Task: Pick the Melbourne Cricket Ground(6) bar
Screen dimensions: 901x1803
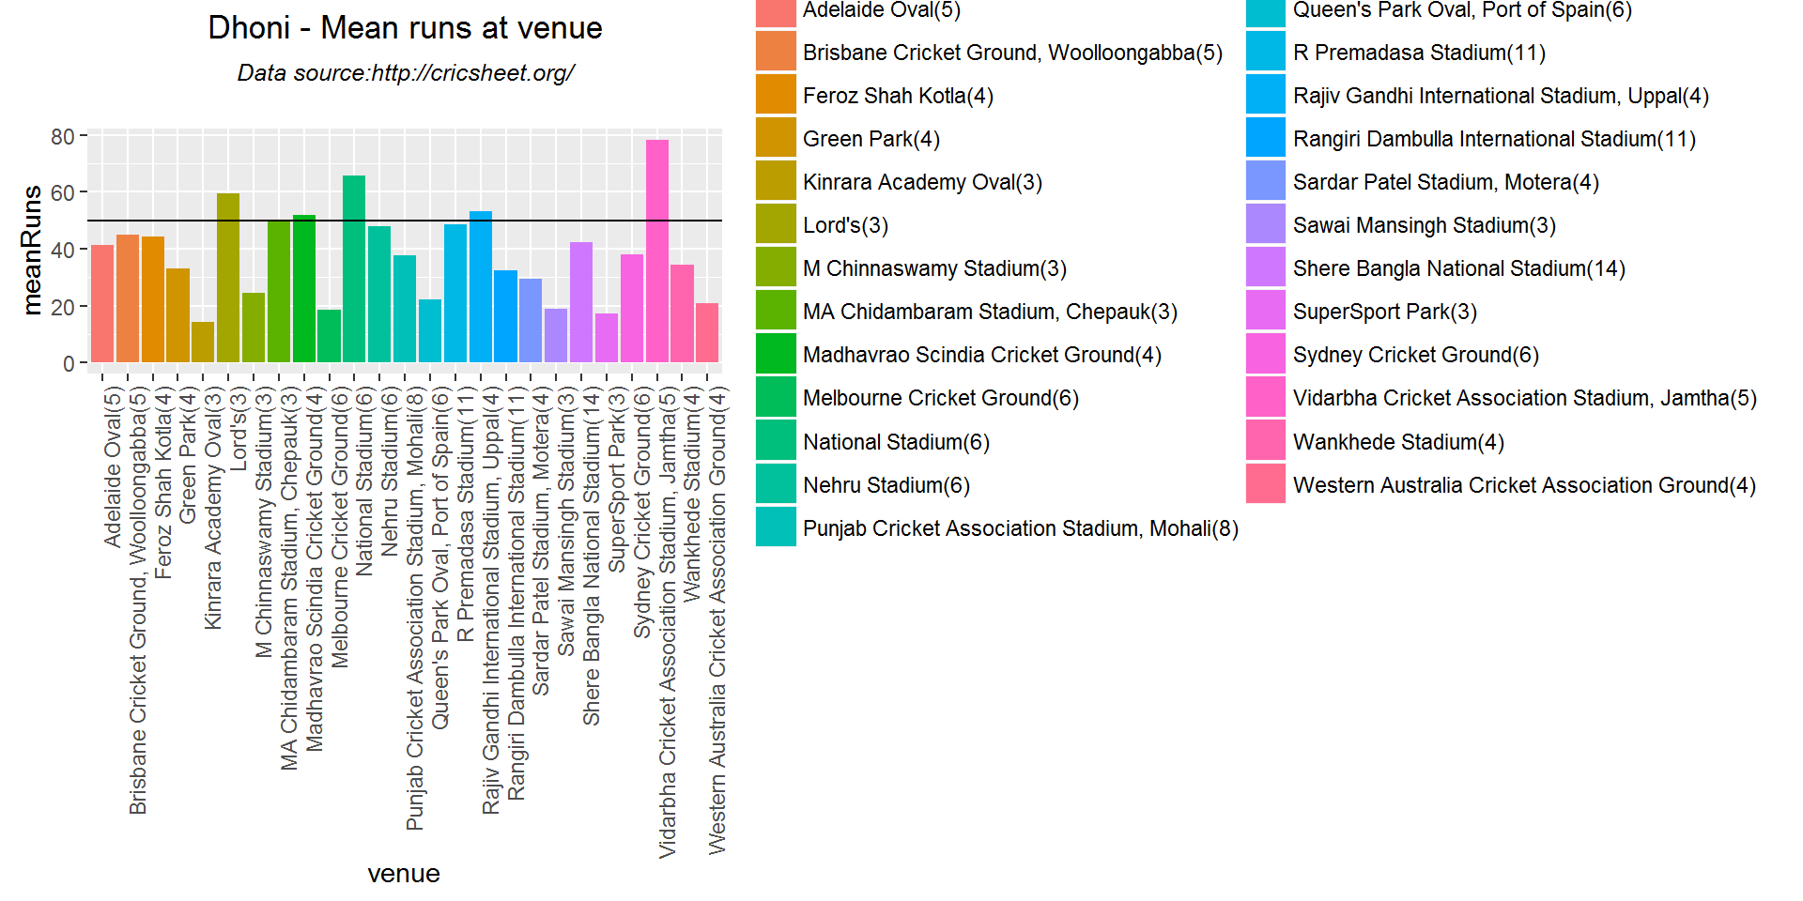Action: [329, 335]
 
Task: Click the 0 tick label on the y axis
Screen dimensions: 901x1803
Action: [69, 364]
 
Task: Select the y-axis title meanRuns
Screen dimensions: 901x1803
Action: [32, 250]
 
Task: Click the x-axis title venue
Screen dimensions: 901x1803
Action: [404, 874]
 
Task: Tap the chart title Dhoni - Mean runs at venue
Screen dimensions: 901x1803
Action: [405, 28]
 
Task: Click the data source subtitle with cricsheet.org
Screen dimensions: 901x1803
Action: [405, 73]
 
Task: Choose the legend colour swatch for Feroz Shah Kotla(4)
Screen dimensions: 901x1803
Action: [776, 96]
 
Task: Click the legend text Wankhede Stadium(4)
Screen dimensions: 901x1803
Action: [1398, 442]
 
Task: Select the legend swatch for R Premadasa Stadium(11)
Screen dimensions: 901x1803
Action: [1266, 53]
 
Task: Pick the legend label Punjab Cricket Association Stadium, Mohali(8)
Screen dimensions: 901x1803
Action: [1020, 528]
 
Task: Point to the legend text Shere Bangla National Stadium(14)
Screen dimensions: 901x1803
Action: [1458, 268]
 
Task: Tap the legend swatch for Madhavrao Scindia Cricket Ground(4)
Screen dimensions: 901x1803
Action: [776, 355]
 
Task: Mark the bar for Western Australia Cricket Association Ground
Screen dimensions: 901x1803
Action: [707, 332]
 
